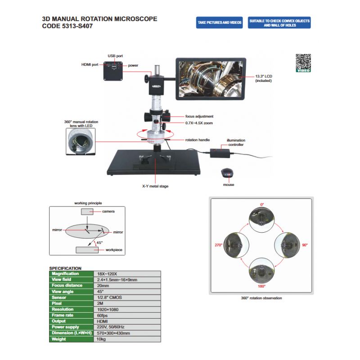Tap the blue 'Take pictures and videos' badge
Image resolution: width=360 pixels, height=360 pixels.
(x=219, y=22)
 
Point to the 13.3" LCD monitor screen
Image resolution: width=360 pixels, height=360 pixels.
(x=211, y=77)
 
